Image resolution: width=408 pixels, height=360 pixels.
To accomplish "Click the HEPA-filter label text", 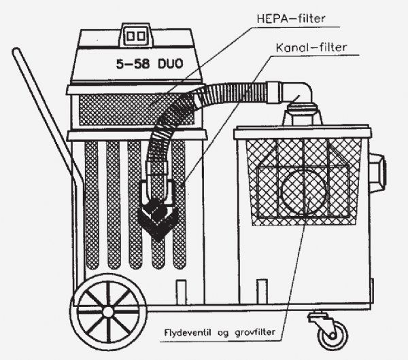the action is pyautogui.click(x=291, y=19).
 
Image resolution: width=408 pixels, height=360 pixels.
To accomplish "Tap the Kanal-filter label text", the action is pyautogui.click(x=311, y=48).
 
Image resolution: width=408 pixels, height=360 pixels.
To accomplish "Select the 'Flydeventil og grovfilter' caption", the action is pyautogui.click(x=220, y=333).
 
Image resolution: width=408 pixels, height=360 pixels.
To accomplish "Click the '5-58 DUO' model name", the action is pyautogui.click(x=150, y=64).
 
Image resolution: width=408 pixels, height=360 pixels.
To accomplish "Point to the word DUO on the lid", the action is pyautogui.click(x=171, y=64).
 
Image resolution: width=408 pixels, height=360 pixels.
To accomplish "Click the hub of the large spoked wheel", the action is pyautogui.click(x=107, y=311).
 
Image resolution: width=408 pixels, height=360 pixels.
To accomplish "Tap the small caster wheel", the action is pyautogui.click(x=333, y=336).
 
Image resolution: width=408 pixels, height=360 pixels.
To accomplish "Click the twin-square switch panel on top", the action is pyautogui.click(x=135, y=36).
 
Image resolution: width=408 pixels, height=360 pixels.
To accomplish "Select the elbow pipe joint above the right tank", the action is pyautogui.click(x=299, y=92).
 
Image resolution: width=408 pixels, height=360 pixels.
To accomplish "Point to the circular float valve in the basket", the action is pyautogui.click(x=303, y=192).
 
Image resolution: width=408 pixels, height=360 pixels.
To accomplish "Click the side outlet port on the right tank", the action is pyautogui.click(x=377, y=172).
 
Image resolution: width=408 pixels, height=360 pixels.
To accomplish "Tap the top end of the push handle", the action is pyautogui.click(x=16, y=50).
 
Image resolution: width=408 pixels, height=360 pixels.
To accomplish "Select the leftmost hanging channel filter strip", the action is pyautogui.click(x=92, y=205).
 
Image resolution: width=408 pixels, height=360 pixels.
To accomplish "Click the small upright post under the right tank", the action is pyautogui.click(x=262, y=291).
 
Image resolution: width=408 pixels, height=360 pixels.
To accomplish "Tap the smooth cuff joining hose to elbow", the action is pyautogui.click(x=274, y=92).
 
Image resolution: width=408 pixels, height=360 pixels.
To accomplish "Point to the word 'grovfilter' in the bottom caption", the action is pyautogui.click(x=255, y=333).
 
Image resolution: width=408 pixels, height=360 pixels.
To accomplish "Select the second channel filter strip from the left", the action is pyautogui.click(x=114, y=205).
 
